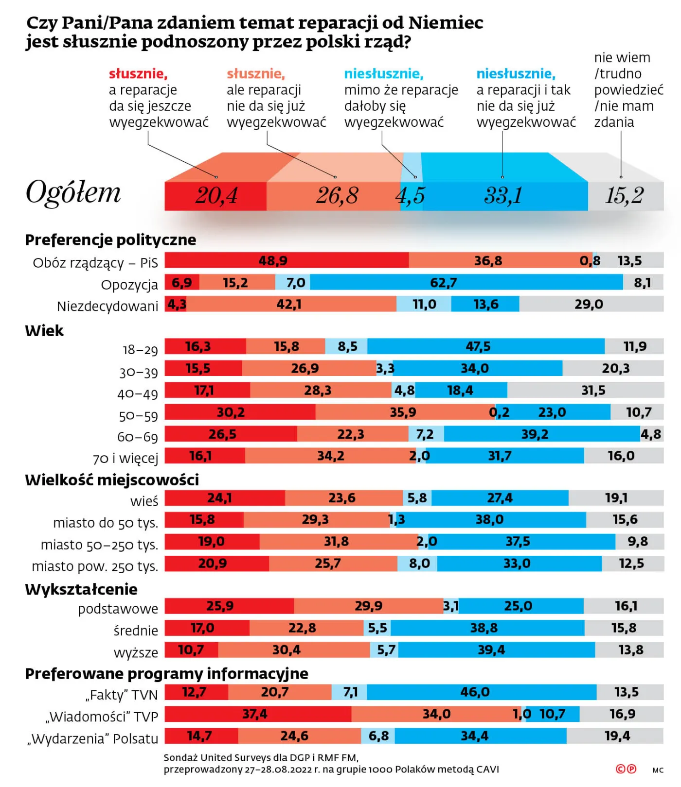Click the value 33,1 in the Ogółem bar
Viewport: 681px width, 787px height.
503,196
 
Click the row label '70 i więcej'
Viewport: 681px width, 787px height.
125,458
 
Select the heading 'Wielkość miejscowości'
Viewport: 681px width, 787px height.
112,480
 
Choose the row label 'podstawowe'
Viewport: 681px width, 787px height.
118,609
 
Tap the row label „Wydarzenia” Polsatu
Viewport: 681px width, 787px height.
93,738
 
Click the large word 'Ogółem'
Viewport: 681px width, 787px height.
73,192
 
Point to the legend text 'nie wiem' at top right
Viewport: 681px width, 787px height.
622,58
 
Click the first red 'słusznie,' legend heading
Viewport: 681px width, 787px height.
138,74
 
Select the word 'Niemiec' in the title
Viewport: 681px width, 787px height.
446,23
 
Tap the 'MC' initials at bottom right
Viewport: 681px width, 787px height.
658,770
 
